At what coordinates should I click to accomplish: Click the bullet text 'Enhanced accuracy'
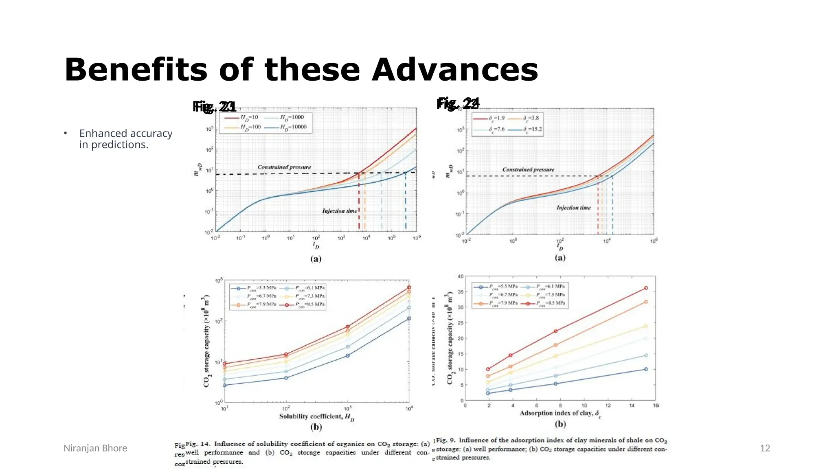click(125, 134)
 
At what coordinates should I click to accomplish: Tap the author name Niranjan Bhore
click(95, 448)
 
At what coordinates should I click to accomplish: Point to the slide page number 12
click(765, 448)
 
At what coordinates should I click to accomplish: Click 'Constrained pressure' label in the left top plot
click(284, 167)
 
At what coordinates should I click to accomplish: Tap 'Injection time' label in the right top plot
click(573, 208)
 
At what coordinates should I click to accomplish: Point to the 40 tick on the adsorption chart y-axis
click(461, 276)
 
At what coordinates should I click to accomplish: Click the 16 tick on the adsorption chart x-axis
click(656, 405)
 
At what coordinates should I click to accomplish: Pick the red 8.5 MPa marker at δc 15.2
click(646, 288)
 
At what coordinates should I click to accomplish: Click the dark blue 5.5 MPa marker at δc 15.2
click(646, 369)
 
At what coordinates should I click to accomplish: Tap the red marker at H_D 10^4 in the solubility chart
click(409, 287)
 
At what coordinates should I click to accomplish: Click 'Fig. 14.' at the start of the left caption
click(198, 444)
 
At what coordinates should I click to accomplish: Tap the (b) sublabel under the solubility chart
click(316, 427)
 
